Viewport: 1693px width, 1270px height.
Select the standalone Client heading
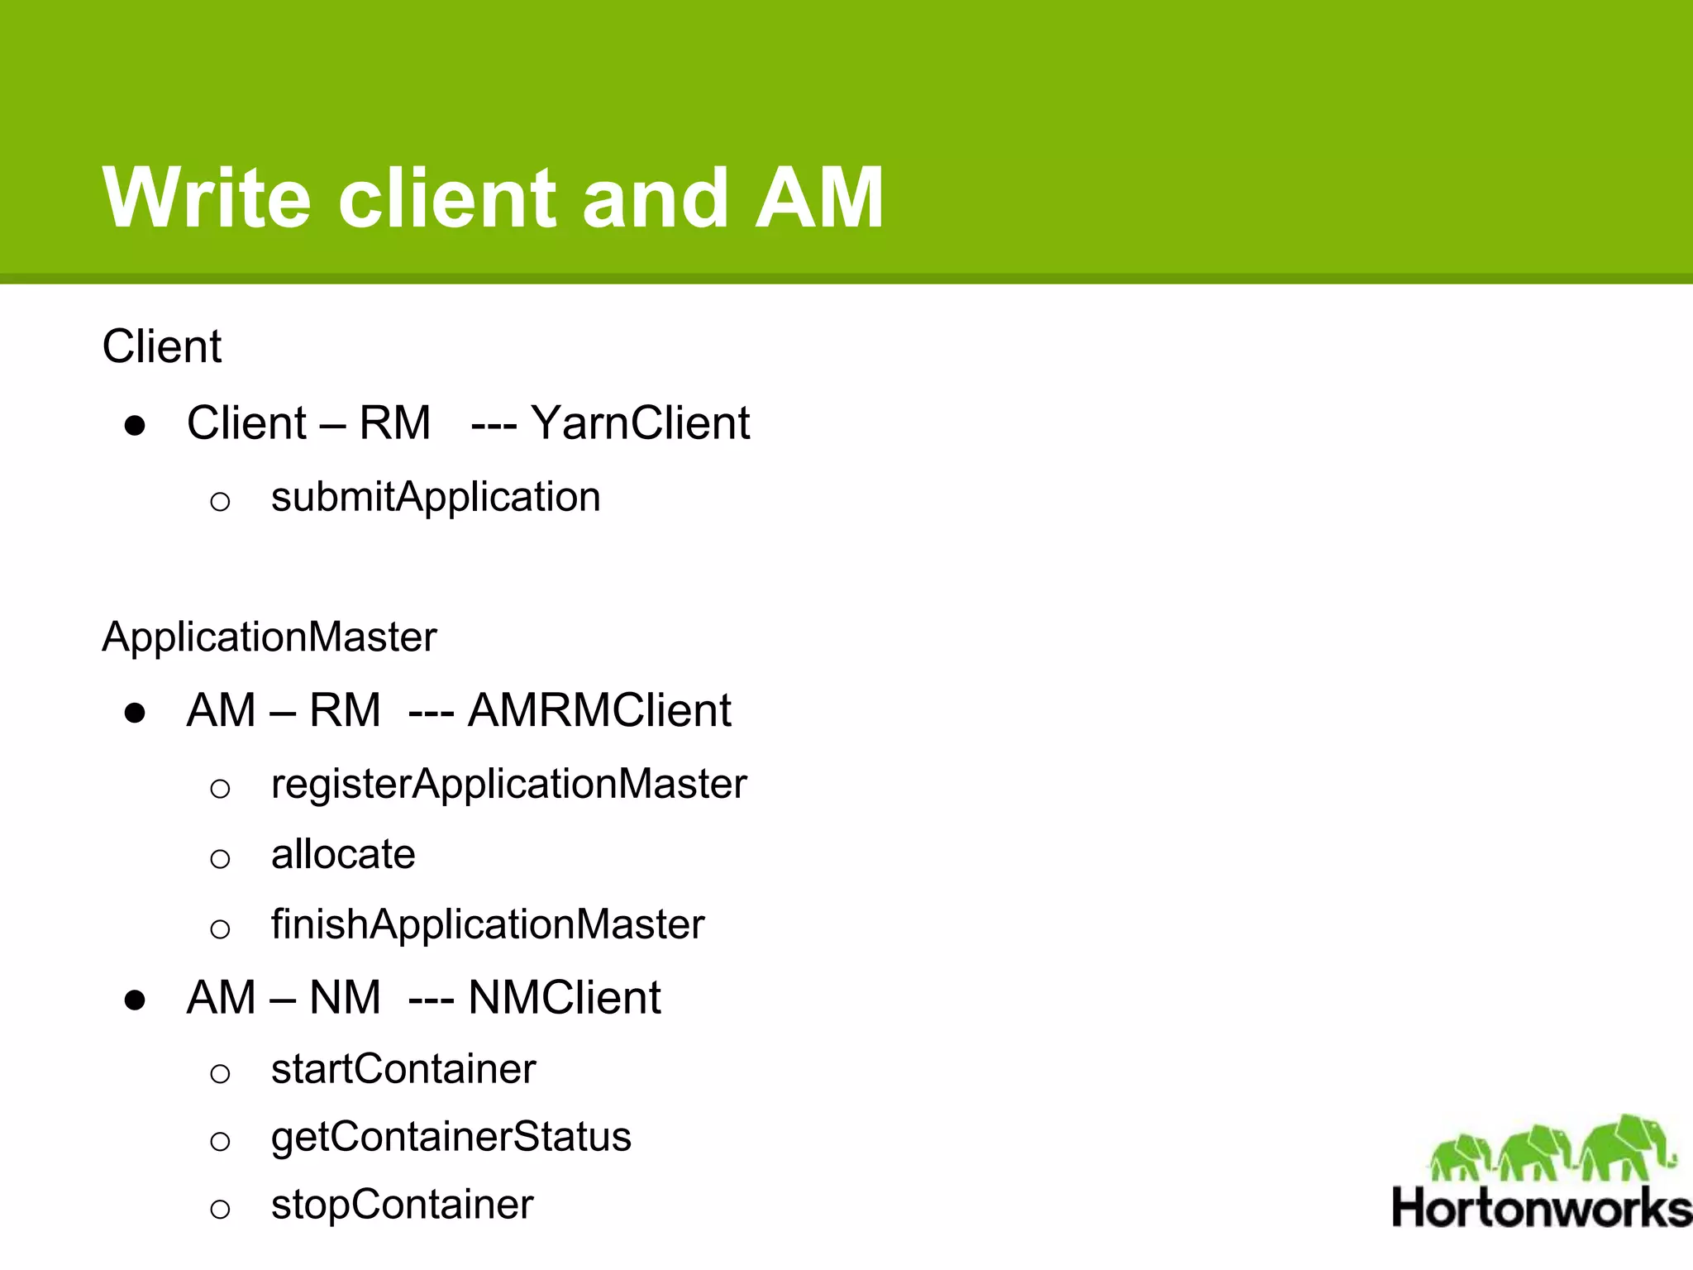click(161, 346)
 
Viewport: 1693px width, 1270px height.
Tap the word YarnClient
click(640, 423)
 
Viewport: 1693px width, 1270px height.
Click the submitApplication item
click(436, 497)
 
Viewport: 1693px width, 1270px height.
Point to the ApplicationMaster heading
click(269, 637)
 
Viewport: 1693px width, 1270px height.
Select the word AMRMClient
click(599, 710)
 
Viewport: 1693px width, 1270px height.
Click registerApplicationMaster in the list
click(508, 784)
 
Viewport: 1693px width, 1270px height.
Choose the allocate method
click(343, 854)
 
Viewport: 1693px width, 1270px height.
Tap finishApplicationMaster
click(488, 924)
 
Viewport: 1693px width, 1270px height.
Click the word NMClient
click(565, 997)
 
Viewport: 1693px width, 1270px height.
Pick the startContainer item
click(403, 1069)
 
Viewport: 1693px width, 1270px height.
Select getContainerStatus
click(451, 1137)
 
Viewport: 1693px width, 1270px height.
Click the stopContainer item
click(402, 1205)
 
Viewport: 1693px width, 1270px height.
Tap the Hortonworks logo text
click(1541, 1208)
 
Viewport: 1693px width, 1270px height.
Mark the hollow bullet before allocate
click(220, 859)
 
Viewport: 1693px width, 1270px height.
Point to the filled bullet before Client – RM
click(135, 427)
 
